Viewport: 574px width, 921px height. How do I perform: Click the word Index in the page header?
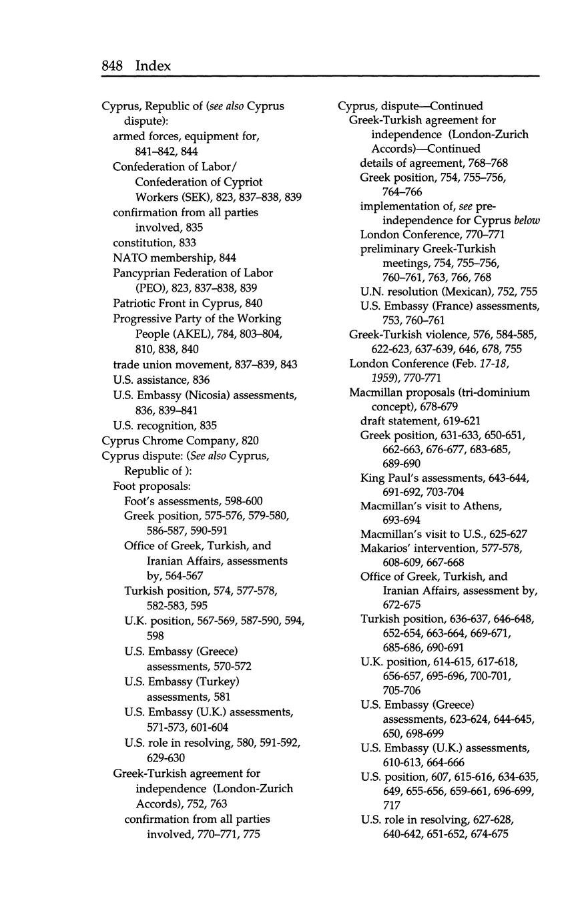[153, 65]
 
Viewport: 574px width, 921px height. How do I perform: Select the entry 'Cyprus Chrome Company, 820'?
[180, 440]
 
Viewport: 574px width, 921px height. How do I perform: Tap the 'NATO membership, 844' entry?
[174, 258]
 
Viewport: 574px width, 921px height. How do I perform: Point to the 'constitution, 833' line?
[154, 243]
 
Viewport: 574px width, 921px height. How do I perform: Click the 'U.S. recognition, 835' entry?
[165, 425]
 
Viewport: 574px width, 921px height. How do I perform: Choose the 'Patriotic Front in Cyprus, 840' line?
[188, 303]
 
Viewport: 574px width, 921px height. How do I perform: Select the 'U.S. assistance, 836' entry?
[161, 380]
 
